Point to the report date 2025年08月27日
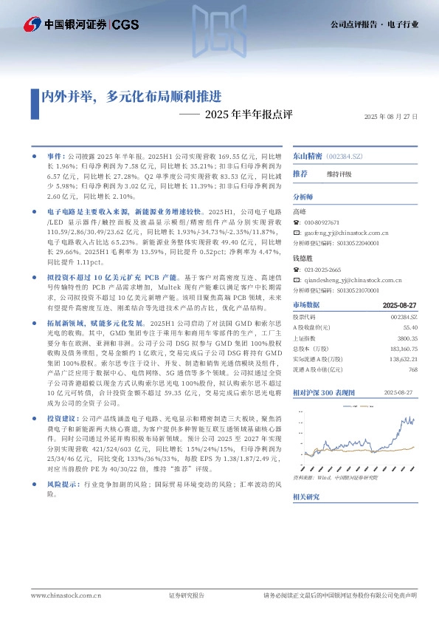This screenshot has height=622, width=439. (391, 117)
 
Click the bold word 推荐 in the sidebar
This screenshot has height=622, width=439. (300, 174)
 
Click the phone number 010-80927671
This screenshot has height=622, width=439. (321, 222)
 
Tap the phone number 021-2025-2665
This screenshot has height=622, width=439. (322, 270)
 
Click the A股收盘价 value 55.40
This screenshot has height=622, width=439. (410, 327)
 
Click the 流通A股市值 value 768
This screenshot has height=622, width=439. (413, 369)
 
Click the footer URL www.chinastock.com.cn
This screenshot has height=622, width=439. (66, 595)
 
